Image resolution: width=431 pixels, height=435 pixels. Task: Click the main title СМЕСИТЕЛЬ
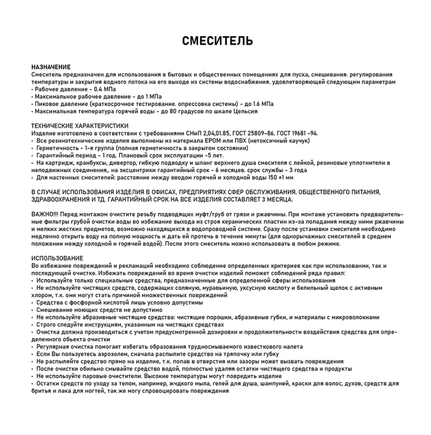point(218,41)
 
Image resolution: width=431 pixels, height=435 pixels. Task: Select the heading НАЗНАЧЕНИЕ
point(51,67)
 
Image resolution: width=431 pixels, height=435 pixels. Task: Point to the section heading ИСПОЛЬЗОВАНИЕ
point(57,259)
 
